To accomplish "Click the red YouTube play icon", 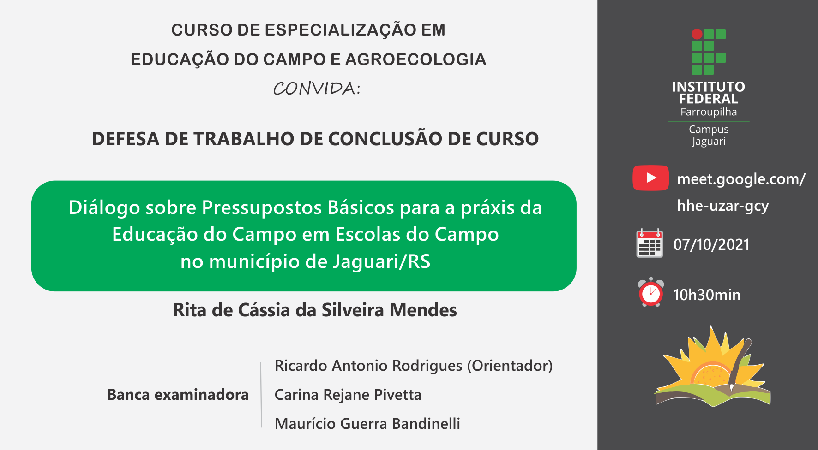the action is (650, 178).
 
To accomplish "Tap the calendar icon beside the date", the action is (650, 243).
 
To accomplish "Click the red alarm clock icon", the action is (651, 292).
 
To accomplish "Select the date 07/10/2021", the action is (711, 244).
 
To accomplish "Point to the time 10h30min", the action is (707, 295).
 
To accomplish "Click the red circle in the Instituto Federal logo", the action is (697, 34).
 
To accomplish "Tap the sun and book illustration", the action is (713, 366).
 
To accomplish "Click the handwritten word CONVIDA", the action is (317, 88).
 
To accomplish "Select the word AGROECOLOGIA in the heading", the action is (415, 59).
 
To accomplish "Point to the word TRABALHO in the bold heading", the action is (244, 139).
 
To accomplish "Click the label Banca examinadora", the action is (178, 395).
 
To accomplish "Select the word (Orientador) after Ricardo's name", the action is (510, 366).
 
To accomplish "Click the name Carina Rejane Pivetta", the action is (348, 395).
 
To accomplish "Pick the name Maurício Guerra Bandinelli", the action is (367, 424).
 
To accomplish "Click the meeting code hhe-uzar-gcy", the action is (723, 206).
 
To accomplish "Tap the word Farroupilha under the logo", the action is (709, 112).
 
